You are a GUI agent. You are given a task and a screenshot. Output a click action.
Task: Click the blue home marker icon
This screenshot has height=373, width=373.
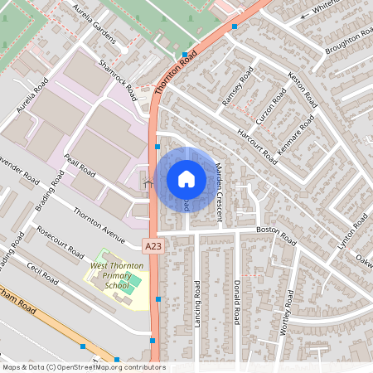click(x=186, y=179)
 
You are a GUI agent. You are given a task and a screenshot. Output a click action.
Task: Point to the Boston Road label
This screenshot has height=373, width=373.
click(x=276, y=235)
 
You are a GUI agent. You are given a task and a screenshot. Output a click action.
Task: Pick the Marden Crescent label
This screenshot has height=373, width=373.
click(x=220, y=190)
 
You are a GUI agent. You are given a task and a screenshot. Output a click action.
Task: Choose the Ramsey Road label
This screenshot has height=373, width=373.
click(x=235, y=89)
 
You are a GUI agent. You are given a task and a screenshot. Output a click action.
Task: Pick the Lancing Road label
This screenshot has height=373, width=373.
click(x=197, y=303)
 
